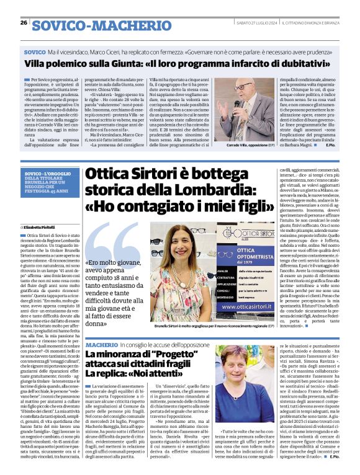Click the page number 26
tap(24, 23)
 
